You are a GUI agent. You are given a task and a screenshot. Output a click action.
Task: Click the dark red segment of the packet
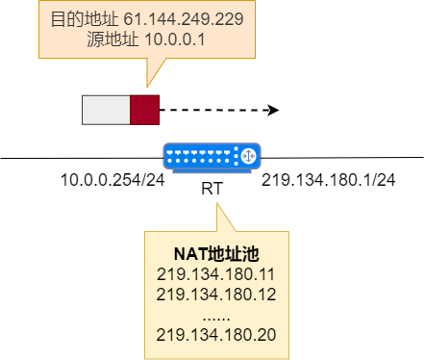coord(144,110)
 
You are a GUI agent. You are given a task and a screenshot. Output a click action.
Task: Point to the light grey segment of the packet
coord(106,110)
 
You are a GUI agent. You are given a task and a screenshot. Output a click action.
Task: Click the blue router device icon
coord(212,157)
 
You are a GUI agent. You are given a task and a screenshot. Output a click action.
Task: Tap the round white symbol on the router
coord(247,154)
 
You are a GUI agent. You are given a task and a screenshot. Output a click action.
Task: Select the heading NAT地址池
coord(215,253)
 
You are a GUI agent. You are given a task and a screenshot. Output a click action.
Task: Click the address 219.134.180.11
coord(215,273)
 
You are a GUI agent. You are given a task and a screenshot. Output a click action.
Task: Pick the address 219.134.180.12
coord(215,294)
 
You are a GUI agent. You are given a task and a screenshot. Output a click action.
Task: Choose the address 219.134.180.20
coord(215,334)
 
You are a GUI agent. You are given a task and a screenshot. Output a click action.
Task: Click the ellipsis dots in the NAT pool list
coord(215,315)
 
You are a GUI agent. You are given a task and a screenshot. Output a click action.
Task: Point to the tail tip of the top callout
coord(146,87)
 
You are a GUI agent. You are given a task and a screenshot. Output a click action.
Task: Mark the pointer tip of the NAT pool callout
coord(217,204)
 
